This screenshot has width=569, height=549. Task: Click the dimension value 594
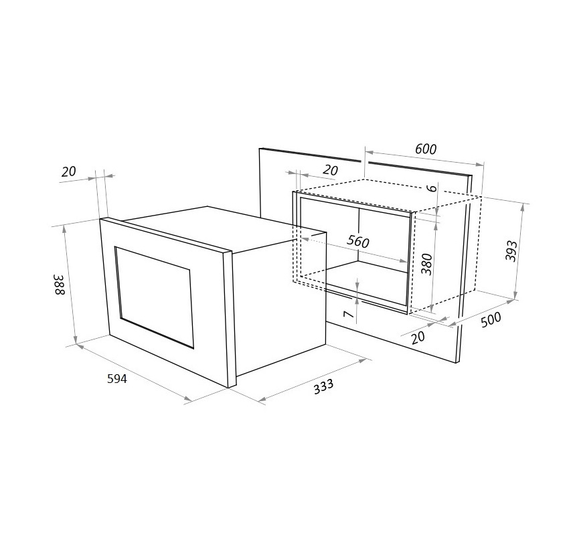tap(117, 379)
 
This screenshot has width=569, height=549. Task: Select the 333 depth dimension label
tap(323, 386)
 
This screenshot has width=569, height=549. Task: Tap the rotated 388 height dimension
tap(60, 285)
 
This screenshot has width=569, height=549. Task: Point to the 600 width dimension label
tap(426, 149)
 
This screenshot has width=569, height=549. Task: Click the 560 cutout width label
tap(358, 241)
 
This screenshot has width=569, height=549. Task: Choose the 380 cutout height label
tap(427, 264)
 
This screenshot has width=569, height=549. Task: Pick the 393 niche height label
tap(511, 250)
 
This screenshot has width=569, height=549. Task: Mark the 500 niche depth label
tap(491, 319)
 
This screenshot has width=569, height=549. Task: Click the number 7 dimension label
tap(348, 314)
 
